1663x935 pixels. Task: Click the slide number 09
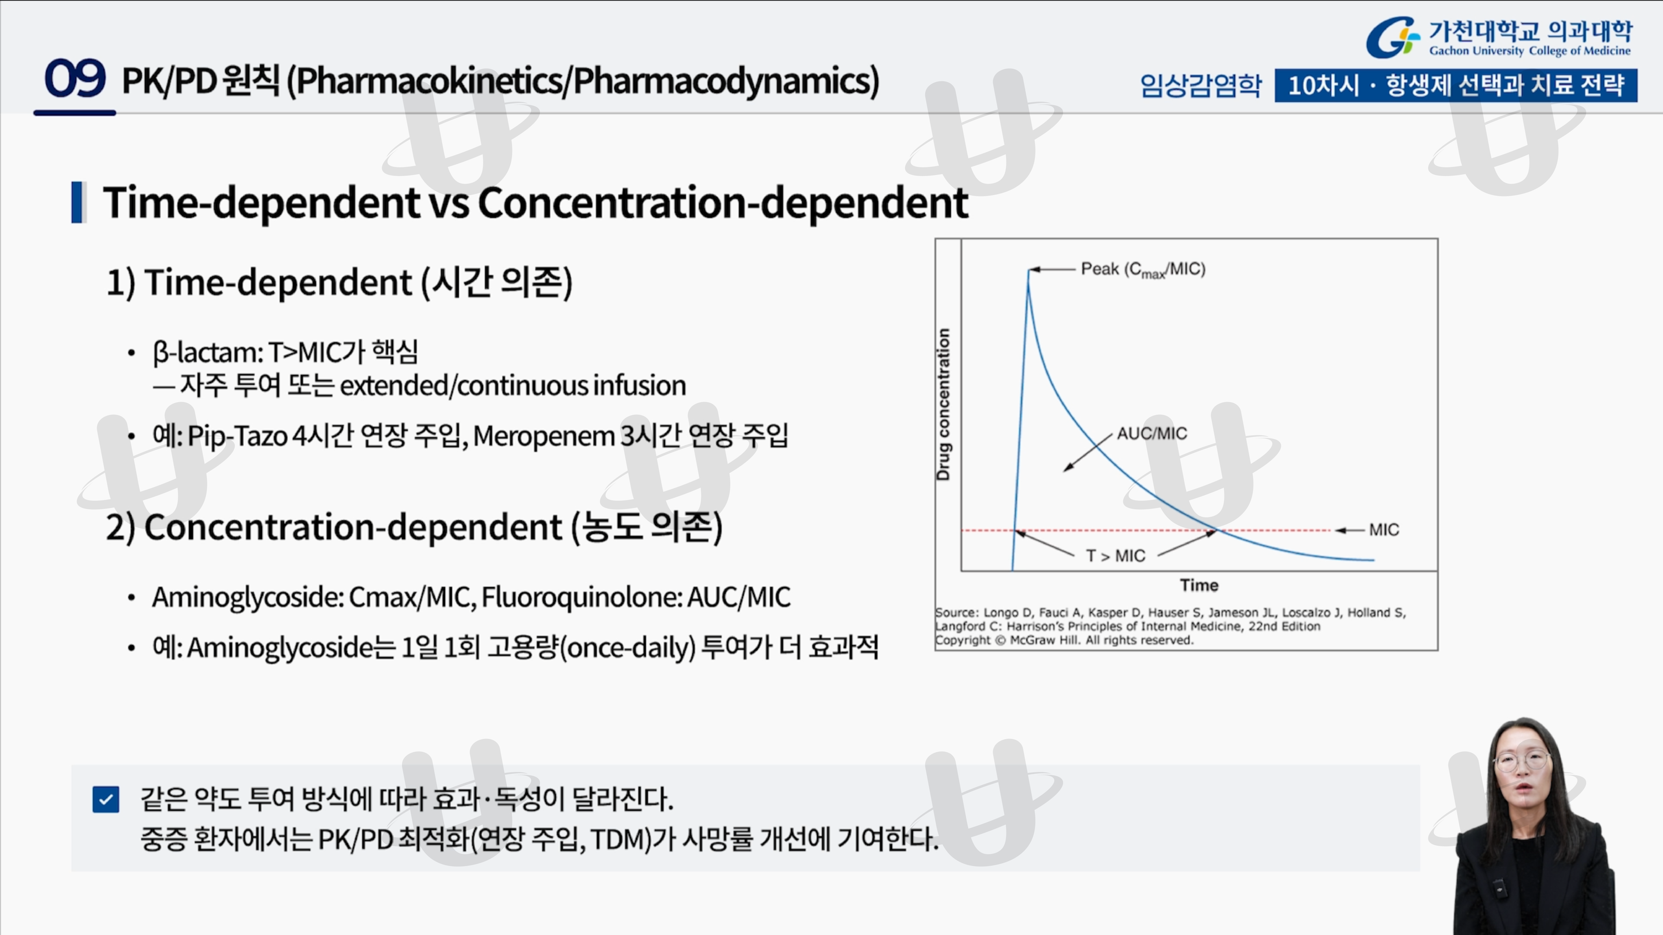[75, 79]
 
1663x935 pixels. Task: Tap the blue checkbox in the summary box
[106, 800]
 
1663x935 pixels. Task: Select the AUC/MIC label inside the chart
[1152, 434]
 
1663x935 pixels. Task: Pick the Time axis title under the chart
[1199, 585]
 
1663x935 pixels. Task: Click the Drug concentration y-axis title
[943, 405]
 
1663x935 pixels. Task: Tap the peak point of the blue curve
[1028, 270]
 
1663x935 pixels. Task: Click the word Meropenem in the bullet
[544, 436]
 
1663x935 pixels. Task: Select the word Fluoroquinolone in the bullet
[581, 597]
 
